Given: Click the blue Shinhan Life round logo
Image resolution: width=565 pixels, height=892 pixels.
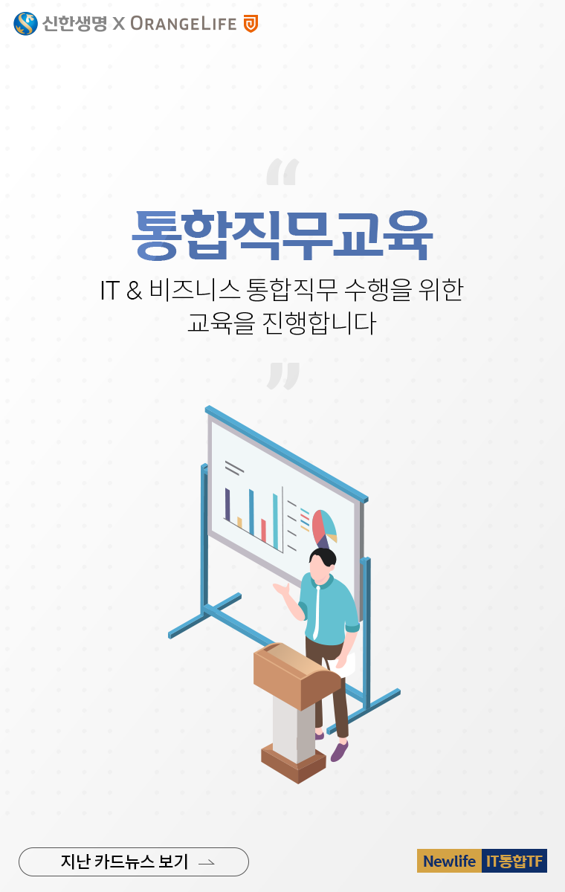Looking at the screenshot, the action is click(25, 24).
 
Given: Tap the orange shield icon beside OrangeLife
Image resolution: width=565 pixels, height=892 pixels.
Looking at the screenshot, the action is click(251, 24).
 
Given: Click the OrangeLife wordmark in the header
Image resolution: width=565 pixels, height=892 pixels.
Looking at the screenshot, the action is click(183, 24).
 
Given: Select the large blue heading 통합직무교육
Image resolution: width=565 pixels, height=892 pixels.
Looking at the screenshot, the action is click(282, 236).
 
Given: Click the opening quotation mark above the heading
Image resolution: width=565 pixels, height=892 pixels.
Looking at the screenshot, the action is click(282, 172).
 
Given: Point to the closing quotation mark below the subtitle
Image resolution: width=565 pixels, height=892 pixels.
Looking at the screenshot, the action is click(283, 375).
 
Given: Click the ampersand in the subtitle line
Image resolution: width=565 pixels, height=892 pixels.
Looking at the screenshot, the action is click(134, 289).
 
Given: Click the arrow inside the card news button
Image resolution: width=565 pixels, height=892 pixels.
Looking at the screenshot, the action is click(207, 862).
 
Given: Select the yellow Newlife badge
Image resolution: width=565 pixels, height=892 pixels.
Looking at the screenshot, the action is click(449, 861).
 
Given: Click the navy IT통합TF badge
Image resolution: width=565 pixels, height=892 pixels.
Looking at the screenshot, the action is click(514, 861).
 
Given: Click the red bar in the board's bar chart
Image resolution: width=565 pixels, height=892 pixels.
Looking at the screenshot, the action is click(263, 531).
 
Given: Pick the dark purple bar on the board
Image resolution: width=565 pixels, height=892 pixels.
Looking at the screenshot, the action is click(227, 504).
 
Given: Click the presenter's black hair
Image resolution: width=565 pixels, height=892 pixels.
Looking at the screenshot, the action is click(324, 557).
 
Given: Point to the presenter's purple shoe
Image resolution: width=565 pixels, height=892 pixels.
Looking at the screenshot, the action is click(339, 752).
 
